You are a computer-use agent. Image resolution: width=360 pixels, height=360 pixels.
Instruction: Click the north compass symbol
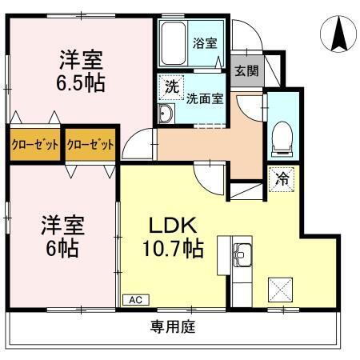tap(339, 34)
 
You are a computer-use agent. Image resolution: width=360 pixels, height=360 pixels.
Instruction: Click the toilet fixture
tap(281, 138)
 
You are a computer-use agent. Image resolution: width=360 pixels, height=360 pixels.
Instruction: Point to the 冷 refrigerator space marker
tap(282, 180)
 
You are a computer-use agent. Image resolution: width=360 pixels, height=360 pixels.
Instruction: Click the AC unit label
tap(134, 299)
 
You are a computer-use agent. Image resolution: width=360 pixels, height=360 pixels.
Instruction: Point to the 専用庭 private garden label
tap(172, 326)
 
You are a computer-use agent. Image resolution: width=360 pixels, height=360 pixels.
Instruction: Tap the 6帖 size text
tap(61, 248)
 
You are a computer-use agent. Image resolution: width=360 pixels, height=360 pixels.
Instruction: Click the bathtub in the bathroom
tap(173, 45)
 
